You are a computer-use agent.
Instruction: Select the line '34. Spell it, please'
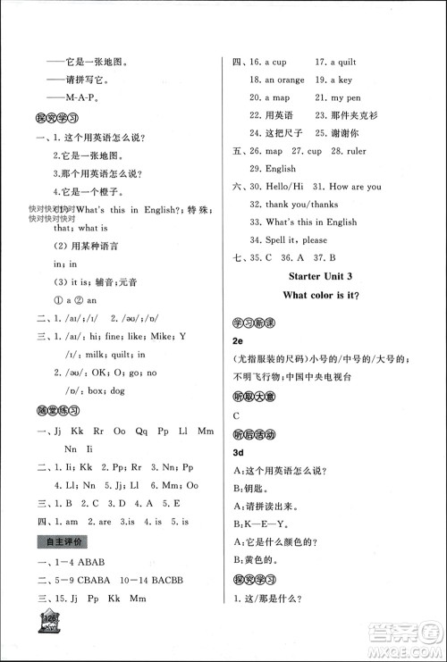289,239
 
